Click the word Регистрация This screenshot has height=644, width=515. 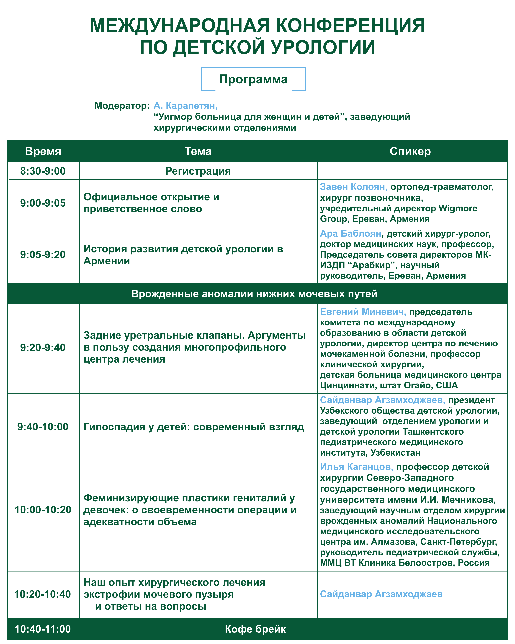coord(198,171)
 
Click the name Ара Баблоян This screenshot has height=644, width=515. coord(350,234)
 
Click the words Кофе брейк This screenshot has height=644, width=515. coord(255,629)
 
